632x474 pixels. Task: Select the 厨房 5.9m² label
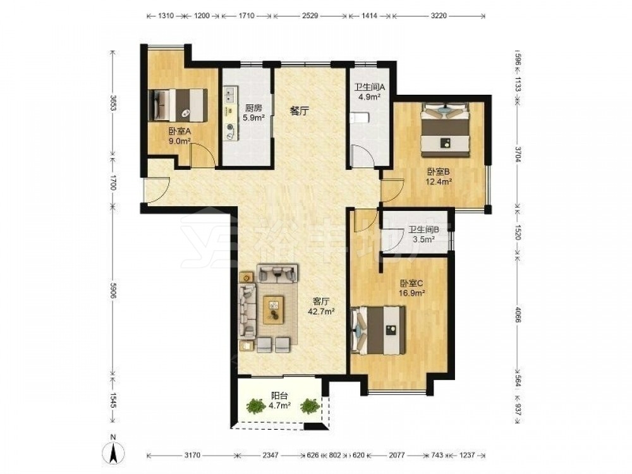point(253,113)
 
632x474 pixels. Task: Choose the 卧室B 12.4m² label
point(439,176)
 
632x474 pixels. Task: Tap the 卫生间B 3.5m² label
point(423,234)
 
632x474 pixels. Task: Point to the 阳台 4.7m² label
point(280,401)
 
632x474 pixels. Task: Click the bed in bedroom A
point(178,105)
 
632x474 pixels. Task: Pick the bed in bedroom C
point(378,330)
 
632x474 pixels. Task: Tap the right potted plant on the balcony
point(310,406)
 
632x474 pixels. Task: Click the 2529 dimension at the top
point(310,16)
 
